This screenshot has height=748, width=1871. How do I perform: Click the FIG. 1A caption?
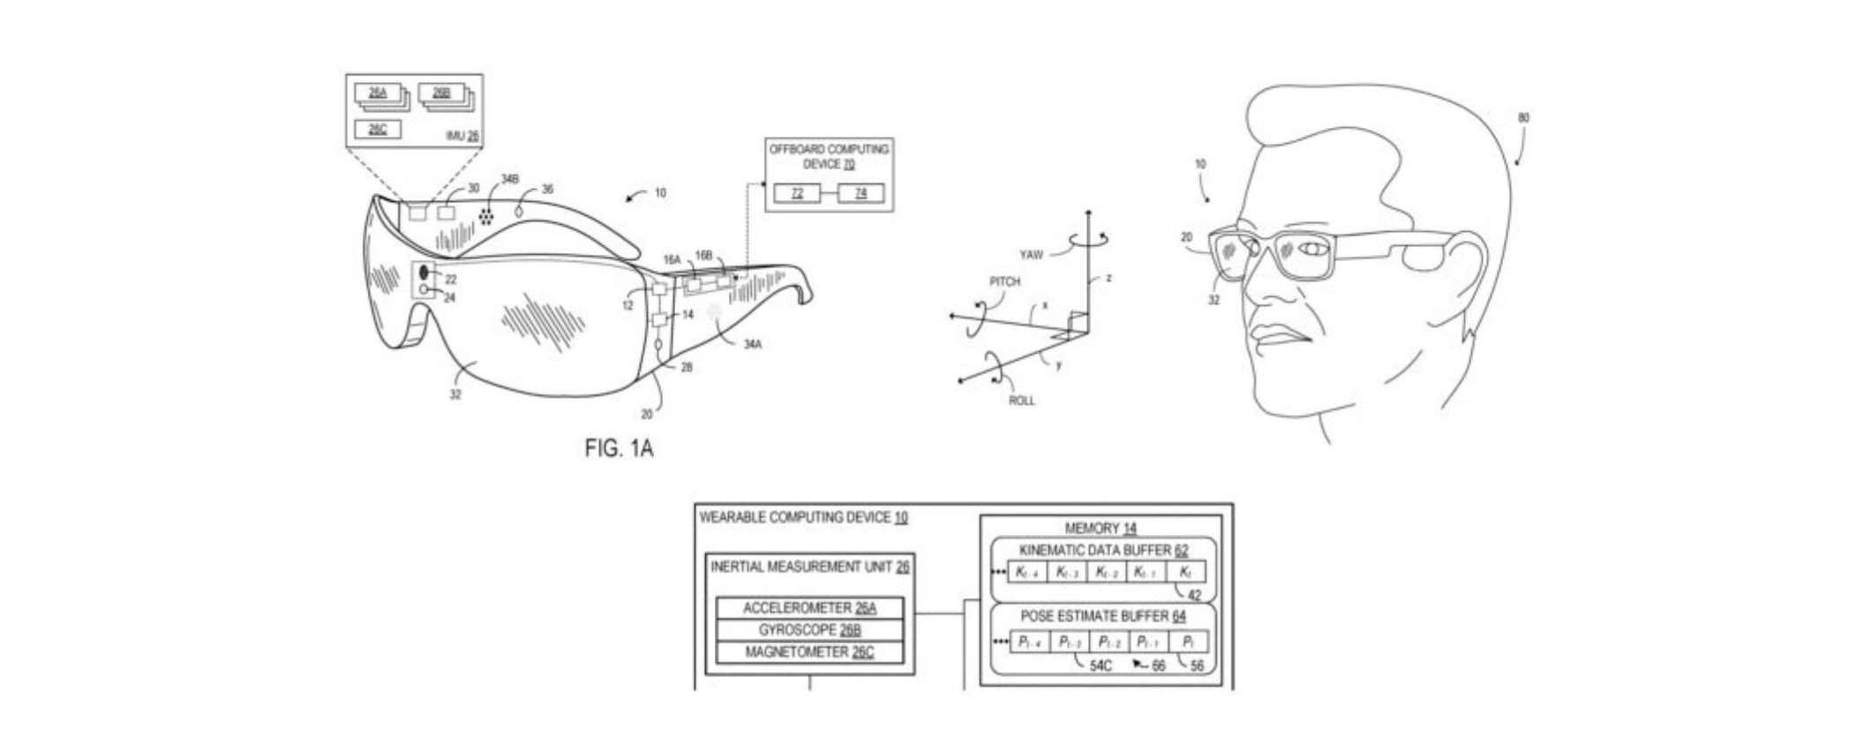click(x=619, y=448)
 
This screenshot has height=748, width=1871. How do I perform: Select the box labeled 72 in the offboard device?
click(x=797, y=193)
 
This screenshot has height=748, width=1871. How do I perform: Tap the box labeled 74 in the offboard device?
click(x=860, y=193)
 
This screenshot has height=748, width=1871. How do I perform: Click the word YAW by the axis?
click(x=1031, y=255)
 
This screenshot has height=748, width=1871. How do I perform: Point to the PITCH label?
click(x=1004, y=281)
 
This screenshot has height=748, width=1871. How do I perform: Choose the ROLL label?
click(x=1021, y=400)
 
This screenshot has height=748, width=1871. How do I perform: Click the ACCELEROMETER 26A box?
click(x=809, y=608)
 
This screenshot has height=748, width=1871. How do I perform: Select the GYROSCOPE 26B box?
click(x=809, y=630)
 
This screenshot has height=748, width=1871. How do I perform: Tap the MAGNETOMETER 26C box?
click(x=809, y=653)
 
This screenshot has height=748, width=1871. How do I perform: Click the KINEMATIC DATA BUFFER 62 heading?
click(x=1103, y=550)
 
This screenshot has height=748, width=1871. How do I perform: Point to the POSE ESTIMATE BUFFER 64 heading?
click(x=1103, y=617)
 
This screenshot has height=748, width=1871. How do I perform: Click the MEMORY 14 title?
click(x=1101, y=528)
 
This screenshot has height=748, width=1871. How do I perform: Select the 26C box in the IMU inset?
click(x=378, y=129)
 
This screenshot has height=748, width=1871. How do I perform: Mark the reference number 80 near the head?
click(x=1523, y=117)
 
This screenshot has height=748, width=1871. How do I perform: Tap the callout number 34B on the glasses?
click(x=510, y=180)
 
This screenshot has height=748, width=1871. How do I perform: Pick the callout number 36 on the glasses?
click(x=547, y=190)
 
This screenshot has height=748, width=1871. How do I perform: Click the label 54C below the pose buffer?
click(x=1101, y=666)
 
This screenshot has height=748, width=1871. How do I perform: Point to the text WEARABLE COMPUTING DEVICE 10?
click(x=803, y=518)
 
